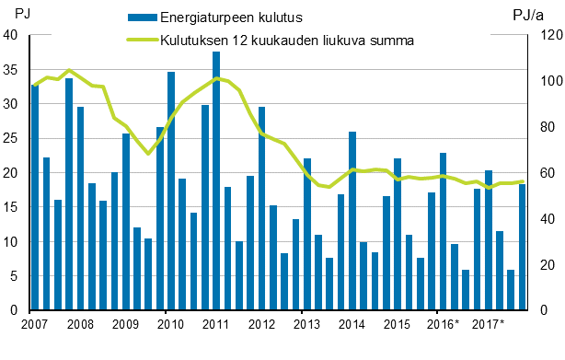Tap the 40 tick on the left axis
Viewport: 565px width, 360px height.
pyautogui.click(x=11, y=35)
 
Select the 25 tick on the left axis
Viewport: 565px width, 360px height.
pyautogui.click(x=11, y=138)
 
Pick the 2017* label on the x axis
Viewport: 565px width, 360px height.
pyautogui.click(x=488, y=324)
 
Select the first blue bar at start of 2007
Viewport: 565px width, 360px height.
pyautogui.click(x=35, y=197)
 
